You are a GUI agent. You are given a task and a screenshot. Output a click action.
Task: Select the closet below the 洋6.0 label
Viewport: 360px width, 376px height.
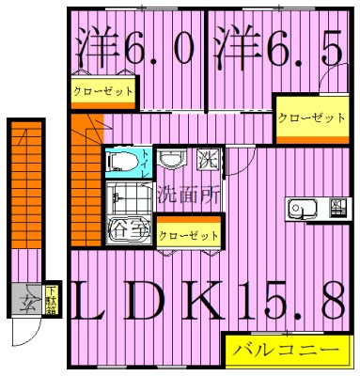[102, 91]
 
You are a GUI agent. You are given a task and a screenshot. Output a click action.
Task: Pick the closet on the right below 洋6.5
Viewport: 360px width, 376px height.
[309, 117]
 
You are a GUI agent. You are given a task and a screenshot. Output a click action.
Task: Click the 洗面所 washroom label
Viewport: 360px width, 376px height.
[187, 197]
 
